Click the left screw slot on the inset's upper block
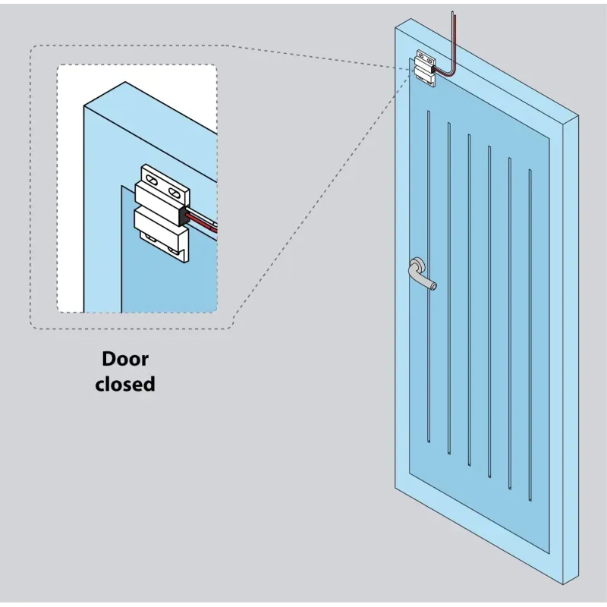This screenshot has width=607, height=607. (x=152, y=181)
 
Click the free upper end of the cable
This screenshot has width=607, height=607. (x=454, y=14)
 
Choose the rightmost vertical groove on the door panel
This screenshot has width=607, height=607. (x=530, y=326)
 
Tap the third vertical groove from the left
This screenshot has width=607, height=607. (x=469, y=296)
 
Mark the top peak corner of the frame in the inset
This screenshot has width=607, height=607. (x=124, y=82)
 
